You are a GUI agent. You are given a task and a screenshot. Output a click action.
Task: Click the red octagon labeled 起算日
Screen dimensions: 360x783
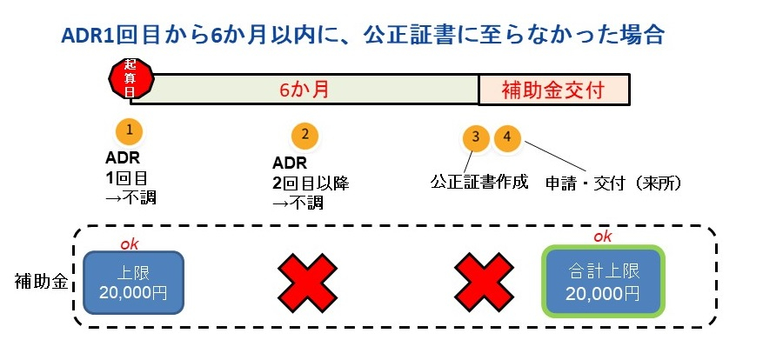coord(130,78)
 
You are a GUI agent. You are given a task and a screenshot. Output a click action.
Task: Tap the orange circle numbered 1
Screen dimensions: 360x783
coord(129,130)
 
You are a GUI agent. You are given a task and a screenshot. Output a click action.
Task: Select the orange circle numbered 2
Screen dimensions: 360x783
coord(304,135)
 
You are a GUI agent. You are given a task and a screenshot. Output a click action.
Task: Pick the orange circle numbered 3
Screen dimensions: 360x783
coord(475,137)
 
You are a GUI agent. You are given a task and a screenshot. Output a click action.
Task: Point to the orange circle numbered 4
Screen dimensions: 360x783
coord(506,137)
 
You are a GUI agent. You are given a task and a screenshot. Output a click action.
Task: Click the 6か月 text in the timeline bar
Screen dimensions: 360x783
coord(304,90)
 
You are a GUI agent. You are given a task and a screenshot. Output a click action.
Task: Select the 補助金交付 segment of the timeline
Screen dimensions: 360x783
coord(553,90)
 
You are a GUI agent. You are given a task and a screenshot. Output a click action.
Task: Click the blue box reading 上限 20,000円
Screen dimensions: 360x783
coord(133,282)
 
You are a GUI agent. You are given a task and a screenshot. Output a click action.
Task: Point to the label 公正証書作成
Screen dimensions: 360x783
coord(479,183)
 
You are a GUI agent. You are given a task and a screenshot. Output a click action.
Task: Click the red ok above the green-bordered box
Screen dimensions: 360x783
coord(602,236)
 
